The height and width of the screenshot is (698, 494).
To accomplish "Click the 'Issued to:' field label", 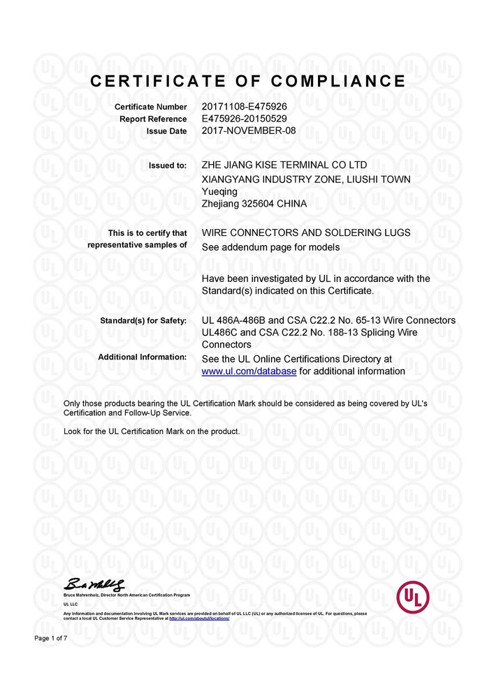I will point(168,166).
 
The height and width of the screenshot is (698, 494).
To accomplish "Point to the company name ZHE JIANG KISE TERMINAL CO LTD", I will point(284,165).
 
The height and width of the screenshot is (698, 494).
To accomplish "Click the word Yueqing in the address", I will point(219,191).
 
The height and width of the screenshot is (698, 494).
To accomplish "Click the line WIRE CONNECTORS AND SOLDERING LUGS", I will point(305,232).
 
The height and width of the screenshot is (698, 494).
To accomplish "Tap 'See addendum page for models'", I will point(270,247).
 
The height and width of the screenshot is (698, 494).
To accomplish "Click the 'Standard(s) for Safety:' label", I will point(145,321).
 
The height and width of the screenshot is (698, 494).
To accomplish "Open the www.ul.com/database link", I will point(249,371).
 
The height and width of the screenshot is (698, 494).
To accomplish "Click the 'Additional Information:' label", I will point(143,357).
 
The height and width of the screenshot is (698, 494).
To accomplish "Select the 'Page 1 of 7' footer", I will point(51,639).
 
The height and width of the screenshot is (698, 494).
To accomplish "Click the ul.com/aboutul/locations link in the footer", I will point(199,618).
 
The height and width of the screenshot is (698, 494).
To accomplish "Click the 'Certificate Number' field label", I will point(151,107).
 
